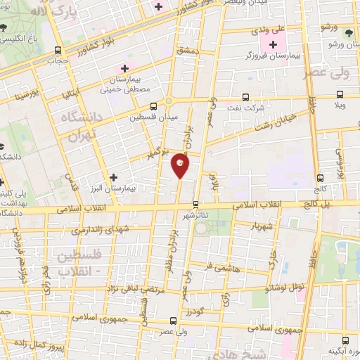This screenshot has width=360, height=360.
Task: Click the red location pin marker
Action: pyautogui.click(x=180, y=165)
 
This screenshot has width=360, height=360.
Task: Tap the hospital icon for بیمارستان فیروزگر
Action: pyautogui.click(x=274, y=45)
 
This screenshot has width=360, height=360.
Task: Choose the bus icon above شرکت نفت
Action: pyautogui.click(x=245, y=97)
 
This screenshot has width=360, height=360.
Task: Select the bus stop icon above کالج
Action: pyautogui.click(x=321, y=178)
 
